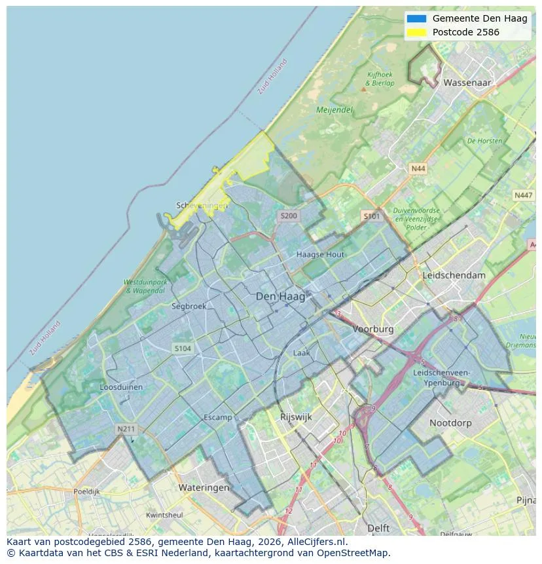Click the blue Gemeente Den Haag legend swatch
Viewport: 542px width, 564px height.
[x=416, y=18]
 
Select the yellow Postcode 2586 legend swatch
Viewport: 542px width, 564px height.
[x=416, y=32]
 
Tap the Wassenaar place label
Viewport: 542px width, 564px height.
[x=467, y=83]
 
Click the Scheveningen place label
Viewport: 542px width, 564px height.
[x=202, y=206]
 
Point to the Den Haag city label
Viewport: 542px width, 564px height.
[x=280, y=297]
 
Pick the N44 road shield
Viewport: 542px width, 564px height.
[x=418, y=169]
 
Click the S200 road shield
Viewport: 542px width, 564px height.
[x=288, y=216]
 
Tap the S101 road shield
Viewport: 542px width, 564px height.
[x=371, y=216]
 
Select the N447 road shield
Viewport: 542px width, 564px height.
[x=523, y=195]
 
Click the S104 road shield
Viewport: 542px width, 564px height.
[x=183, y=348]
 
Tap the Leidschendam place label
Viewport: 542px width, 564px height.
[x=454, y=275]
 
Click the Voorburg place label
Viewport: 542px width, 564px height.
[x=373, y=329]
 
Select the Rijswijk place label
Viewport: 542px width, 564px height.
[x=296, y=417]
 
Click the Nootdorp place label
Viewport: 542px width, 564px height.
[x=450, y=423]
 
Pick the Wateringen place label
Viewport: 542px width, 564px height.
[x=204, y=487]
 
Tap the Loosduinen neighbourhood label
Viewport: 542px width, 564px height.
[x=121, y=387]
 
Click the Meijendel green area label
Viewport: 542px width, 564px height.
[x=334, y=110]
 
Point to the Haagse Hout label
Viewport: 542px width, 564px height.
[x=320, y=254]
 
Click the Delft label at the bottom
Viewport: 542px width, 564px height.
[x=378, y=528]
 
